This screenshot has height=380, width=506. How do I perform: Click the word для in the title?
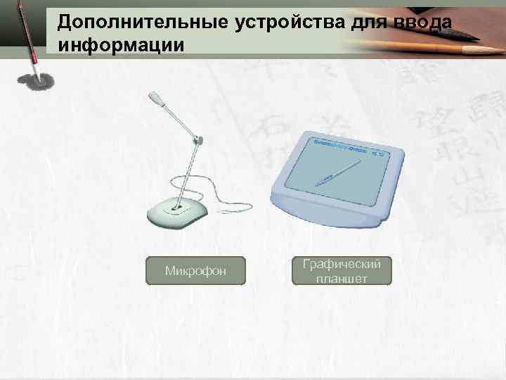point(358,23)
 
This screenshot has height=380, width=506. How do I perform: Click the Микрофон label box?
point(195,270)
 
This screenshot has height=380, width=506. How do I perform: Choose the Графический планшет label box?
point(342,271)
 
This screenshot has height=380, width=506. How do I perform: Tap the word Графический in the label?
point(342,264)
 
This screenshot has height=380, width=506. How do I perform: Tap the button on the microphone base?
point(176,208)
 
